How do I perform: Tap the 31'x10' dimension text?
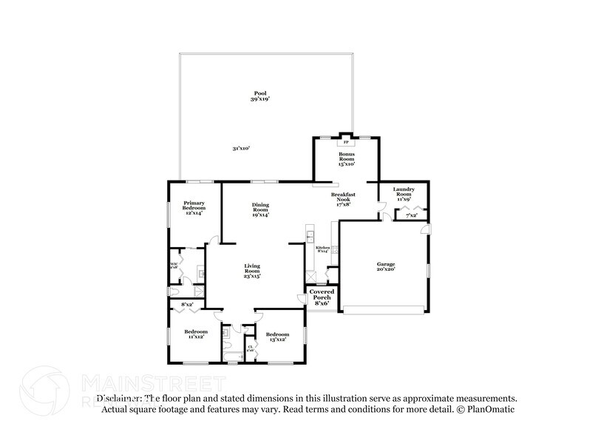pyautogui.click(x=241, y=149)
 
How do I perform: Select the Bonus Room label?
pyautogui.click(x=347, y=158)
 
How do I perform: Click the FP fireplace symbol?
pyautogui.click(x=346, y=141)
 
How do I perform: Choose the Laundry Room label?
pyautogui.click(x=404, y=192)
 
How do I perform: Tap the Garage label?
pyautogui.click(x=386, y=266)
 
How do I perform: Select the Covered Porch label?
pyautogui.click(x=322, y=297)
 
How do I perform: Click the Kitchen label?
pyautogui.click(x=322, y=249)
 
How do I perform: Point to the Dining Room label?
pyautogui.click(x=260, y=209)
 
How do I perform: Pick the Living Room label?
pyautogui.click(x=253, y=270)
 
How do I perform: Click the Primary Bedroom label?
pyautogui.click(x=194, y=206)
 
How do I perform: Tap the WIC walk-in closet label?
pyautogui.click(x=174, y=265)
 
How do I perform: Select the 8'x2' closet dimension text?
pyautogui.click(x=189, y=304)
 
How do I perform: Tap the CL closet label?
pyautogui.click(x=251, y=348)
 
